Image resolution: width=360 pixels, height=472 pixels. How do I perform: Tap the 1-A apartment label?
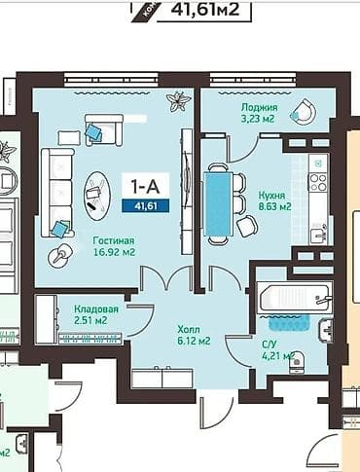point(141,183)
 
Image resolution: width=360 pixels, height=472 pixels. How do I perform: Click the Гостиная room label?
point(114,239)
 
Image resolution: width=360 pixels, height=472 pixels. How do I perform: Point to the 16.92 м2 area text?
point(114,252)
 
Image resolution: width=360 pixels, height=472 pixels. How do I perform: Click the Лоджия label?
point(260,108)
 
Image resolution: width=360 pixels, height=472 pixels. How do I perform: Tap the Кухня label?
point(272,195)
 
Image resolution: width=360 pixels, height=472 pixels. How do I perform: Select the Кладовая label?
point(96,309)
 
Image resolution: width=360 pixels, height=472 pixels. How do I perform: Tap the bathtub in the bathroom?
point(294,297)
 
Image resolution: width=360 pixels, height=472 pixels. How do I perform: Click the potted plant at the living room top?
point(178,99)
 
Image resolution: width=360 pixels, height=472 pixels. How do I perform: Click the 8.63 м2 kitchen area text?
point(275,206)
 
